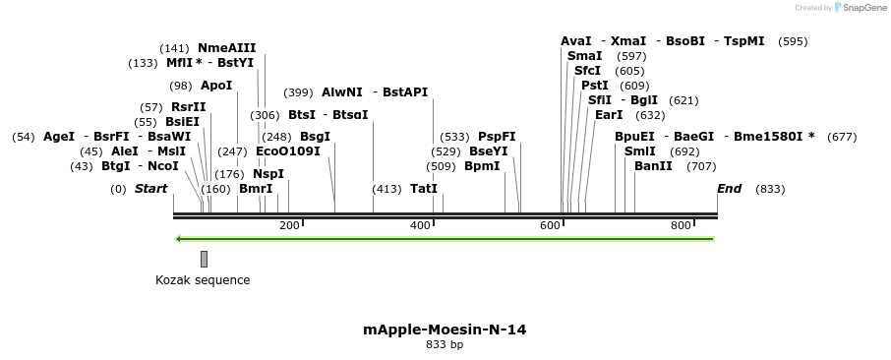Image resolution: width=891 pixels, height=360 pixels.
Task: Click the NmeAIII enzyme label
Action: [226, 47]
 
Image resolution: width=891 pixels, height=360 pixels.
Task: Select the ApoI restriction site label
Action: [216, 86]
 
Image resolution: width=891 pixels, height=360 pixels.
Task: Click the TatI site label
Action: [424, 189]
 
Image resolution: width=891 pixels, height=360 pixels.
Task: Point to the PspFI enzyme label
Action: [497, 137]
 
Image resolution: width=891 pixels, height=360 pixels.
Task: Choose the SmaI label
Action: [585, 56]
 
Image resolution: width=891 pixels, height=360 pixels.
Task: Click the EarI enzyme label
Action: [609, 115]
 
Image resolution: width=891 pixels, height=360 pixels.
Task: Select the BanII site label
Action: [653, 166]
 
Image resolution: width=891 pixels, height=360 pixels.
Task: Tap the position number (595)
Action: [793, 41]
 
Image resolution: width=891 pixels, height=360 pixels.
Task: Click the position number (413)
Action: [386, 189]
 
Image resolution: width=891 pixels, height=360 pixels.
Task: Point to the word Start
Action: [151, 189]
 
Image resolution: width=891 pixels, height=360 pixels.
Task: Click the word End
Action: [730, 189]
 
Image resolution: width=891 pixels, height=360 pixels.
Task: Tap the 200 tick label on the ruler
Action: [289, 226]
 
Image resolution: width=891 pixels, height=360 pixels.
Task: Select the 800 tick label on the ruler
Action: [681, 226]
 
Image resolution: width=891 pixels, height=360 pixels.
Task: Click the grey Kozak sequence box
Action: [204, 259]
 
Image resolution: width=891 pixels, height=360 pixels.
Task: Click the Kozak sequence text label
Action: [203, 280]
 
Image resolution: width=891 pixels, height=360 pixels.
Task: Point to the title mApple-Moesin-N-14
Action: [445, 330]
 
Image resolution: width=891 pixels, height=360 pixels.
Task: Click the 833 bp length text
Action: [445, 345]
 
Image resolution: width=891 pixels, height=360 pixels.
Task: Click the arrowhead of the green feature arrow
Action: [178, 238]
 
